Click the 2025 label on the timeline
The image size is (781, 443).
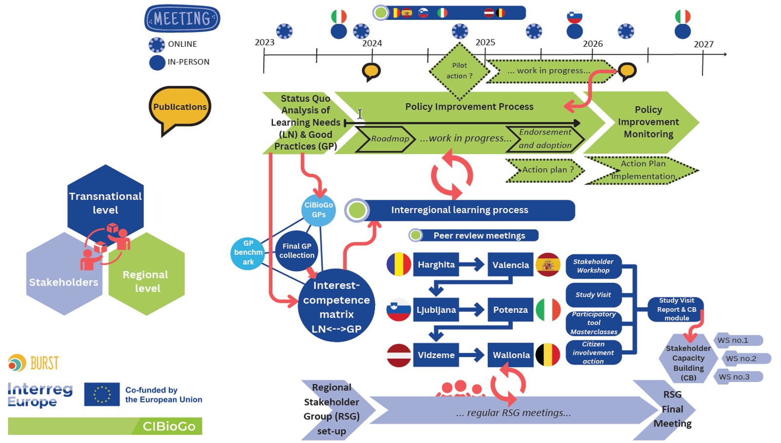point(485,42)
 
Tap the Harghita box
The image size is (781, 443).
point(436,265)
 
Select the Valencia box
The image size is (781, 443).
point(510,265)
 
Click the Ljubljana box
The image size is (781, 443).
point(436,310)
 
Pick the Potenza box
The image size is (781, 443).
point(510,310)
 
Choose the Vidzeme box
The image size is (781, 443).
point(436,355)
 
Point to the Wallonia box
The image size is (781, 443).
point(510,355)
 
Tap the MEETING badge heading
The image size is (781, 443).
point(182,19)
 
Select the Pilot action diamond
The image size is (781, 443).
point(459,71)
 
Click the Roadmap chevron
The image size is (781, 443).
point(387,139)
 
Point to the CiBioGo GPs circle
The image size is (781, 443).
point(318,210)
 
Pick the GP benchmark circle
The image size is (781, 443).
point(248,252)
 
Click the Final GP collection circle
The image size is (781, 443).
point(296,250)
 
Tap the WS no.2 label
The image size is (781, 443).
point(741,359)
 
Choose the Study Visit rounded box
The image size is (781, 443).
point(593,295)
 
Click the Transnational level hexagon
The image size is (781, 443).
point(105,201)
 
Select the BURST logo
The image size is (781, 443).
point(34,363)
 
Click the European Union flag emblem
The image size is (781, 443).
point(101,394)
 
